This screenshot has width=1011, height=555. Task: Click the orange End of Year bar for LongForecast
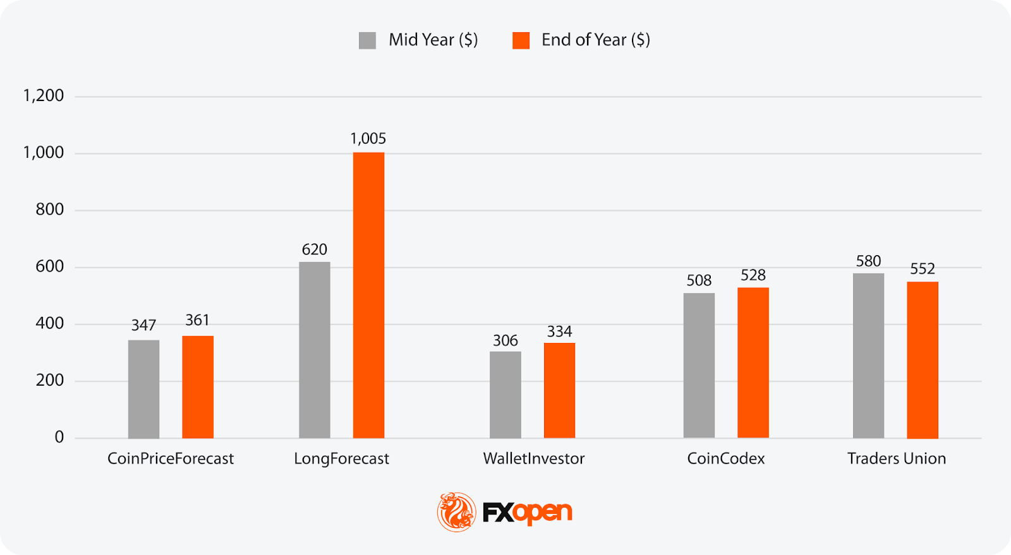pos(368,295)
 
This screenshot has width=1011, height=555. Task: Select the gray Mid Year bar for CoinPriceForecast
pos(143,389)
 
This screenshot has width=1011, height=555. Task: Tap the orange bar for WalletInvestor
pos(559,390)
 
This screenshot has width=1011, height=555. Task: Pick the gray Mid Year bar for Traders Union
pos(868,355)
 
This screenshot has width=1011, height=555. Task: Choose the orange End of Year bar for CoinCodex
pos(753,362)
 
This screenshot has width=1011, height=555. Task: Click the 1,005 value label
pos(368,139)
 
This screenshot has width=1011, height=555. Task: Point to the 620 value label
pos(315,249)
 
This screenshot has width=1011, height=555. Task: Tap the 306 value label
pos(505,341)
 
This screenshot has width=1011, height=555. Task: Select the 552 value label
pos(923,269)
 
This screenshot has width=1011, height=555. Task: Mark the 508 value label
pos(699,280)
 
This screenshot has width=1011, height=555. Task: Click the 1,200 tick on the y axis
pos(44,96)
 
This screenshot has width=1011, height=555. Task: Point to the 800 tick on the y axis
pos(50,210)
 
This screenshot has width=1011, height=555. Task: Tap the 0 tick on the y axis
pos(59,437)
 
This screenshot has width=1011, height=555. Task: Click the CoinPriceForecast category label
pos(171,458)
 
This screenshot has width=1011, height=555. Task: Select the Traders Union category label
pos(897,458)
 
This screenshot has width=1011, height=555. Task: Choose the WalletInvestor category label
pos(534,458)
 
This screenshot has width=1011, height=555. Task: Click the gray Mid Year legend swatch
pos(367,40)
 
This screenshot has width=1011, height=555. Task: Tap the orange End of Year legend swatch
pos(521,40)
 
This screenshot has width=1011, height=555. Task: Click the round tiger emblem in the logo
pos(456,512)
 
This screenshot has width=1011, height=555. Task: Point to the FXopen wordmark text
pos(528,513)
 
